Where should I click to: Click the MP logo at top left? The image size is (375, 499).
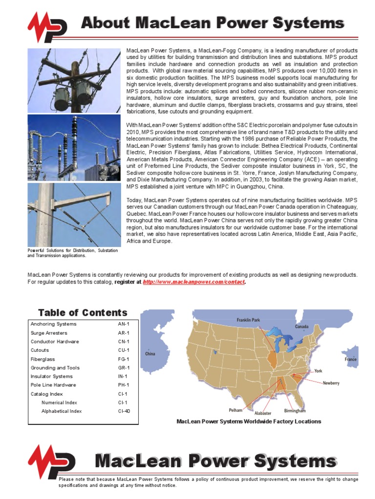click(47, 27)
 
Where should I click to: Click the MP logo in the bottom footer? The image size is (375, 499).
click(51, 461)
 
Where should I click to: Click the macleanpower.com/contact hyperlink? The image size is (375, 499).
click(193, 282)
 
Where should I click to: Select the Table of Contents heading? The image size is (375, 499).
click(83, 313)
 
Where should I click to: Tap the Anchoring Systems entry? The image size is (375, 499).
click(53, 324)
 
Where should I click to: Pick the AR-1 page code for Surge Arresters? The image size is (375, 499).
click(124, 333)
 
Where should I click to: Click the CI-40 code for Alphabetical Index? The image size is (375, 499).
click(124, 411)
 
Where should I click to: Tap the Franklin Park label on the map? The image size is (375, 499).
click(249, 320)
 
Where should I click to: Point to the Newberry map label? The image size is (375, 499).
click(331, 384)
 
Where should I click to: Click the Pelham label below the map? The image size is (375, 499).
click(235, 410)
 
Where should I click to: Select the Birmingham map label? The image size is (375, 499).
click(294, 411)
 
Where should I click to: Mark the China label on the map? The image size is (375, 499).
click(150, 354)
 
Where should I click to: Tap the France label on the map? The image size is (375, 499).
click(350, 360)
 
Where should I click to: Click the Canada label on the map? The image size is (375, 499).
click(301, 326)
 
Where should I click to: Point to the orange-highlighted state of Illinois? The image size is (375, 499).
click(271, 357)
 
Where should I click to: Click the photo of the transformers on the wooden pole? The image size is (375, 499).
click(74, 81)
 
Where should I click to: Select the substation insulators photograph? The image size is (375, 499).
click(74, 148)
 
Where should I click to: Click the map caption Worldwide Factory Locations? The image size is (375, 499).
click(249, 422)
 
